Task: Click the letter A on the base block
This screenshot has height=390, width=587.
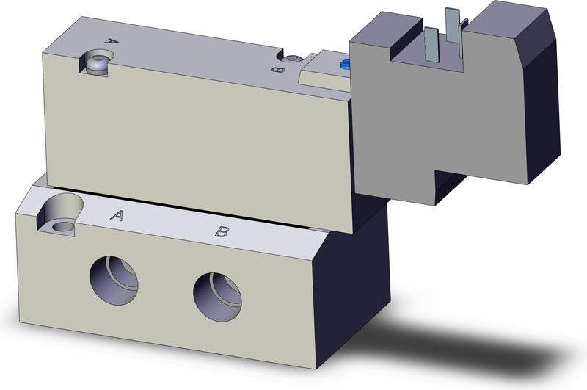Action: pyautogui.click(x=116, y=215)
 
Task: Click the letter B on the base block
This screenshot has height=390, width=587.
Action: pyautogui.click(x=221, y=233)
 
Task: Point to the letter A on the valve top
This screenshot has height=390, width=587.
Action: pyautogui.click(x=112, y=41)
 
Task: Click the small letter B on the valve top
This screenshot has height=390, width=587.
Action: pyautogui.click(x=277, y=70)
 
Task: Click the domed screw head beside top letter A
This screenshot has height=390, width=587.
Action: pyautogui.click(x=96, y=62)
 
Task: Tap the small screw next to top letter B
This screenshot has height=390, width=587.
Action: pyautogui.click(x=292, y=59)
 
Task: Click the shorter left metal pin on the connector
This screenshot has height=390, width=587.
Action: pyautogui.click(x=431, y=43)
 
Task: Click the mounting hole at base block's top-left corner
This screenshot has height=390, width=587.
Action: pyautogui.click(x=59, y=214)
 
